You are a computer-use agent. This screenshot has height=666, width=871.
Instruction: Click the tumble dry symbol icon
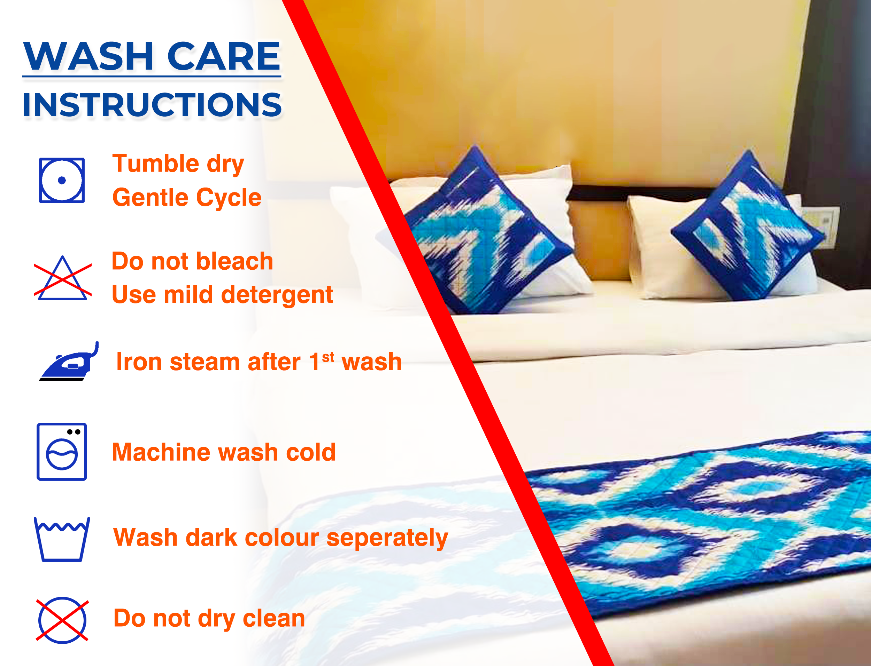click(62, 180)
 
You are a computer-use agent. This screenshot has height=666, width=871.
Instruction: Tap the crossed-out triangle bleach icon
click(63, 278)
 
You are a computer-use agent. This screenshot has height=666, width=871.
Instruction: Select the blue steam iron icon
click(69, 361)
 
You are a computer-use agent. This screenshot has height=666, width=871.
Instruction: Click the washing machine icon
click(62, 452)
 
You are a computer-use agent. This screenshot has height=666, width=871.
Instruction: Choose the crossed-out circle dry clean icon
click(62, 620)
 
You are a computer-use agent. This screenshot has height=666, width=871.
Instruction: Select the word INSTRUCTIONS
click(152, 105)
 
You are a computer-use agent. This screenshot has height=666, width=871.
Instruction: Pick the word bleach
click(234, 261)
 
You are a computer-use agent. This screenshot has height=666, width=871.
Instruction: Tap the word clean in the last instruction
click(274, 618)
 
